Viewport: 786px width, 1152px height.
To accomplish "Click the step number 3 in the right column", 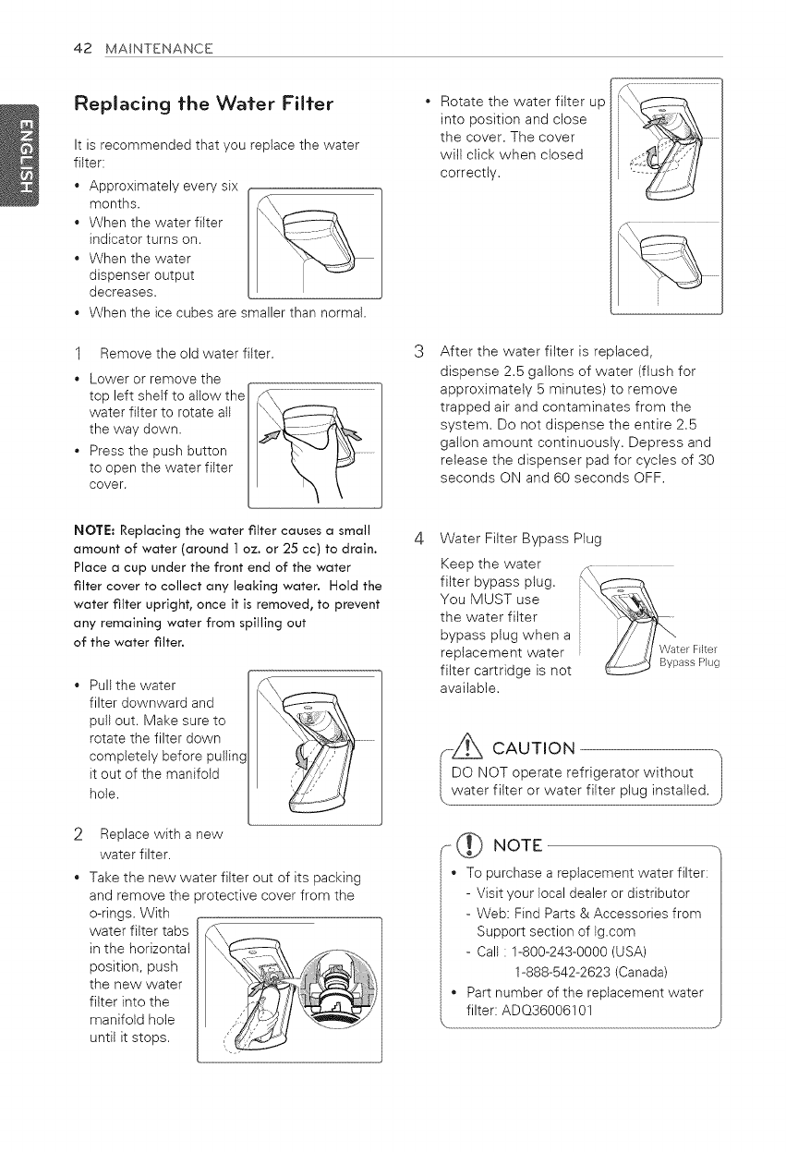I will tap(417, 349).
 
